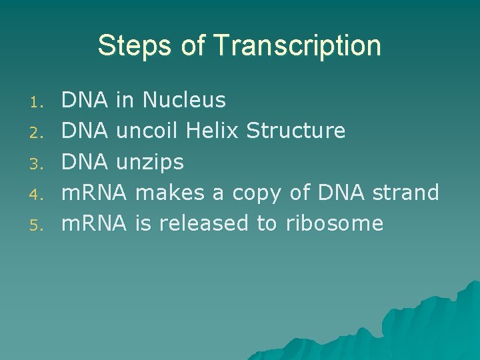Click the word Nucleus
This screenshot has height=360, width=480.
[x=184, y=101]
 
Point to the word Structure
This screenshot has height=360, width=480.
[x=295, y=131]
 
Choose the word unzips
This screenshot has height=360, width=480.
[x=150, y=162]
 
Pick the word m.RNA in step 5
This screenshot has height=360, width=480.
[x=93, y=223]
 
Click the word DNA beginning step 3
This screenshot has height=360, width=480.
[x=85, y=162]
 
